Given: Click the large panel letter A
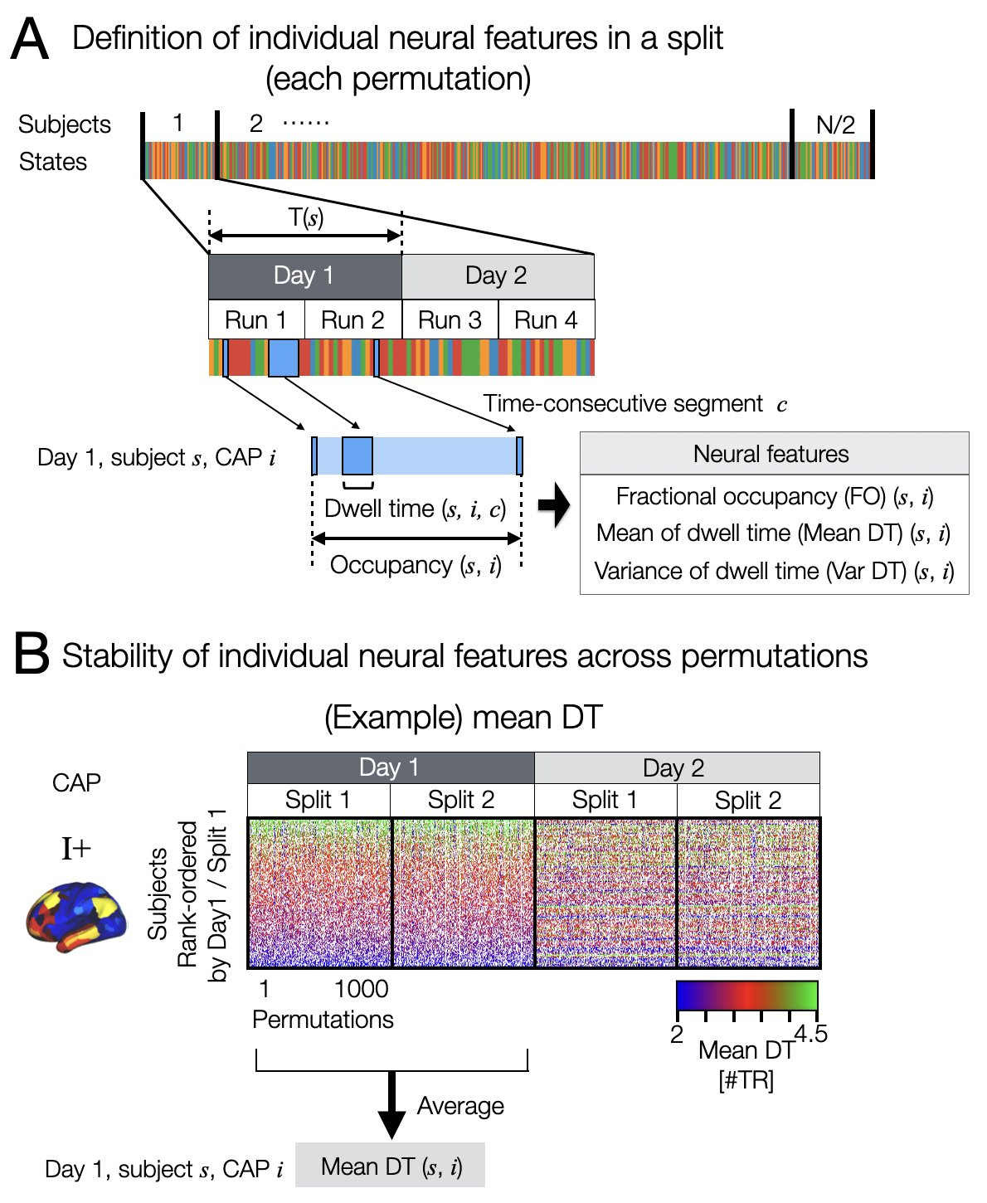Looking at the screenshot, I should click(x=30, y=40).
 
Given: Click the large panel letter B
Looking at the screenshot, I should click(x=32, y=655).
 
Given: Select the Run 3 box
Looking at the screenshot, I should click(x=450, y=320).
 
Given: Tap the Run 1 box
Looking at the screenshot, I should click(x=255, y=320).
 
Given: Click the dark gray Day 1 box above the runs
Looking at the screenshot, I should click(x=304, y=276).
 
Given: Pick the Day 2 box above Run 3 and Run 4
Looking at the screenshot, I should click(x=497, y=276).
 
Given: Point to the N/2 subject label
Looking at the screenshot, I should click(x=835, y=125).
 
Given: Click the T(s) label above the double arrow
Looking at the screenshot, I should click(x=306, y=218).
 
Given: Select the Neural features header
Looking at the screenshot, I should click(x=771, y=454).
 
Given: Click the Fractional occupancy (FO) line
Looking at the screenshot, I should click(x=774, y=496).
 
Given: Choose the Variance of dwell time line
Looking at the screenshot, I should click(x=774, y=571).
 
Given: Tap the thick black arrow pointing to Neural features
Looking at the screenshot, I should click(x=554, y=505).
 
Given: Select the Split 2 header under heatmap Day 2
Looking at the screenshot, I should click(x=748, y=801).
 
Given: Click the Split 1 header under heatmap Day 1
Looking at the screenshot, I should click(x=318, y=801).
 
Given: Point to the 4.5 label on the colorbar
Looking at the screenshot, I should click(x=810, y=1034).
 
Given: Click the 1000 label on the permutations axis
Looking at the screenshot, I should click(x=362, y=989).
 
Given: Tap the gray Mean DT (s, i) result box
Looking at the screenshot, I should click(x=391, y=1166).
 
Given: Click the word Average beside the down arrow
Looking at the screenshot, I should click(x=460, y=1106).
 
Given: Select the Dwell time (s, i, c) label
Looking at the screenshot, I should click(x=415, y=509).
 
